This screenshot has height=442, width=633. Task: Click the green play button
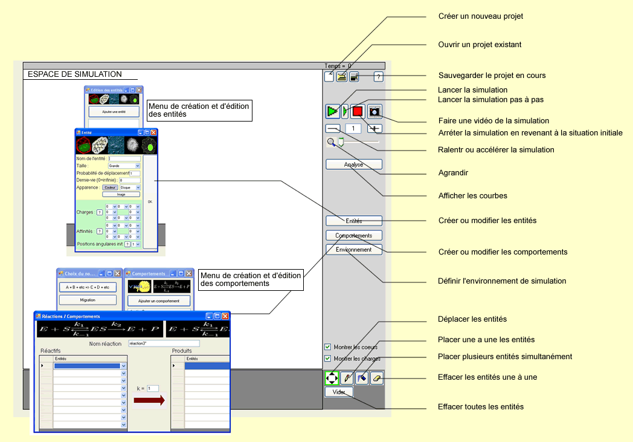point(332,111)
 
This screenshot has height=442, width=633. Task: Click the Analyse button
point(354,164)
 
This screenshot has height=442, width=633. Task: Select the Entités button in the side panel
point(354,221)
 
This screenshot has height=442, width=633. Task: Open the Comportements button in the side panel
point(354,235)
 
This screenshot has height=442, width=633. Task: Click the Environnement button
point(354,249)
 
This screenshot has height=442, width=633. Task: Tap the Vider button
point(339,392)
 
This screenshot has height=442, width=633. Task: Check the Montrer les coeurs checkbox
point(328,347)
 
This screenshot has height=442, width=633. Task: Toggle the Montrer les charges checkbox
point(328,359)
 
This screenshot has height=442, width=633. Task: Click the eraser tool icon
point(376,379)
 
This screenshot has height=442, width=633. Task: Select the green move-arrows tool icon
point(332,379)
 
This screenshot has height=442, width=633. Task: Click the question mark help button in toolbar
point(379,77)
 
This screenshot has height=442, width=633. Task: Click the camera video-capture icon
point(375,111)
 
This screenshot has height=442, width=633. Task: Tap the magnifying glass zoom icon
point(332,143)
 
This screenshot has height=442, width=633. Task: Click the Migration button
point(88,300)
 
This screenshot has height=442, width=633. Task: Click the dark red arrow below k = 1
point(149,400)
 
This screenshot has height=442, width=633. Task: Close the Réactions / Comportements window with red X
point(225,316)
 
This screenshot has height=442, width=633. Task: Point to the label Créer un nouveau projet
point(480,16)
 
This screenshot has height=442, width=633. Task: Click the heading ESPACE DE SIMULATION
point(75,74)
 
